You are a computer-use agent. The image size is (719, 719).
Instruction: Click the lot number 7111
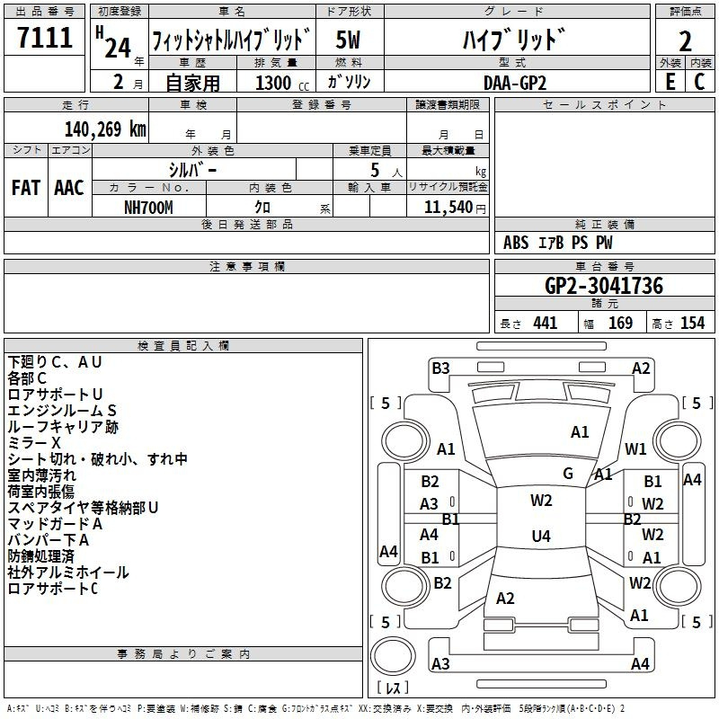[45, 37]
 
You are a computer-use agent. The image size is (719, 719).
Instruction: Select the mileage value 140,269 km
[105, 129]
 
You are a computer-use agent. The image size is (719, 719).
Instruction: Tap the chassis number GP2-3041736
[604, 285]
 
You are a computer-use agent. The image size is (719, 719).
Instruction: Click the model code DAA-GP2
[515, 83]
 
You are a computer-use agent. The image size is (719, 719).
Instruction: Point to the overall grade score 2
[685, 41]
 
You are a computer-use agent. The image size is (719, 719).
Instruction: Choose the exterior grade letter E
[670, 82]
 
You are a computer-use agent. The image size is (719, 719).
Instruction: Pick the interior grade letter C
[699, 82]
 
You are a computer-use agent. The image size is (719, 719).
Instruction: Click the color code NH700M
[148, 208]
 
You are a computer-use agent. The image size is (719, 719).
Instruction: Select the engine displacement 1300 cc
[282, 83]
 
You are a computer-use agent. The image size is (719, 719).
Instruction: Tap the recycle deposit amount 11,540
[448, 208]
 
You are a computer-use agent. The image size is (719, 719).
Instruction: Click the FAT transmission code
[26, 188]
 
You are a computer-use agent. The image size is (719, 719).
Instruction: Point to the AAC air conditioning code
[69, 188]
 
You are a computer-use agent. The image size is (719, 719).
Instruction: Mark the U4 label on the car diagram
[541, 536]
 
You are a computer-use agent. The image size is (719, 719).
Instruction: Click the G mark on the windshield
[568, 474]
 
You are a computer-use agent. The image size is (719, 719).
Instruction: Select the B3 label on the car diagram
[440, 368]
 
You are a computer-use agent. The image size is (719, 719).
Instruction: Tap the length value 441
[546, 324]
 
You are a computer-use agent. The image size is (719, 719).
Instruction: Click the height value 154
[692, 324]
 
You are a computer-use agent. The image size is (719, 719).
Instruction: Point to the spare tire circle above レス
[393, 655]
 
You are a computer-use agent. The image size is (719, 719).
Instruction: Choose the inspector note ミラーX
[34, 443]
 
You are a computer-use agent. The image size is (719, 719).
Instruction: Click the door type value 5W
[348, 40]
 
